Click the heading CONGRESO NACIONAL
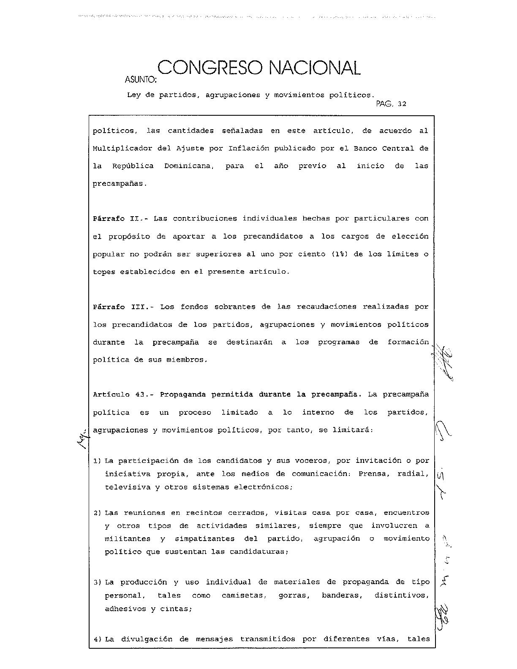[259, 68]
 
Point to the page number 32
[402, 104]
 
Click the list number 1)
[97, 461]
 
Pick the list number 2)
[97, 513]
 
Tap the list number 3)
[97, 582]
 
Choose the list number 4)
[97, 639]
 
